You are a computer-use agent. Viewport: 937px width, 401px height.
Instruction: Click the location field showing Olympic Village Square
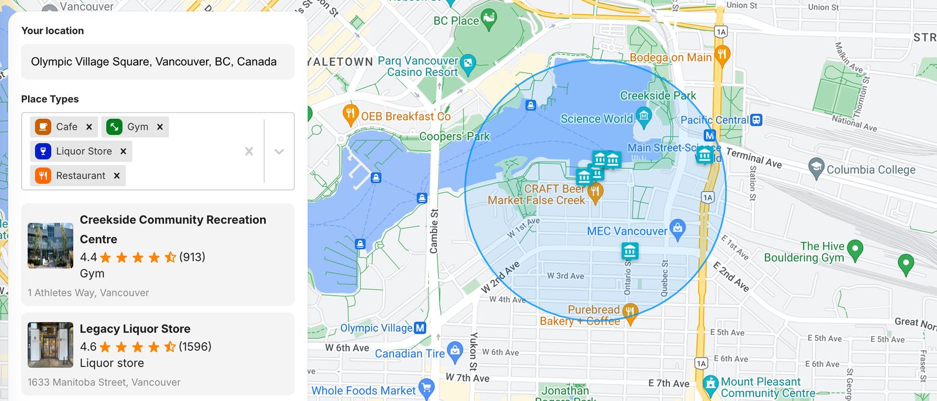pos(157,61)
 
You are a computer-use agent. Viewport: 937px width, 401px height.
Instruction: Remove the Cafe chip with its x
pos(89,127)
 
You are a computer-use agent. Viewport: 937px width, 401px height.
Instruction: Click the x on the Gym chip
pos(160,127)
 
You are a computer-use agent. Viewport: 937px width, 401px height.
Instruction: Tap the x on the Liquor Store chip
pos(123,151)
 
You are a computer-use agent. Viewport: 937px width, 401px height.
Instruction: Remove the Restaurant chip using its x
pos(117,176)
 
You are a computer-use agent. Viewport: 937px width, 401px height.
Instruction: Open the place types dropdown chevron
pos(279,152)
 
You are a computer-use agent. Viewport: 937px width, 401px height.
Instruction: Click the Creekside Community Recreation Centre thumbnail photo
pos(50,245)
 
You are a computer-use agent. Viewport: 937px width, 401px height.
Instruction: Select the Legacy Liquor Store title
pos(135,329)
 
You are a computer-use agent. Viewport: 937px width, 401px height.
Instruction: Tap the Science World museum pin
pos(644,116)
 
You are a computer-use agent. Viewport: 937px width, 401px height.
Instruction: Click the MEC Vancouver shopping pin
pos(678,228)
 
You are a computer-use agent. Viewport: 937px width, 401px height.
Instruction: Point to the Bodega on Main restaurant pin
pos(722,55)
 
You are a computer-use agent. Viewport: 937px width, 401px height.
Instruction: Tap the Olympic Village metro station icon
pos(420,328)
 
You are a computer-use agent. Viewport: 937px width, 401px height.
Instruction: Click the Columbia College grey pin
pos(816,167)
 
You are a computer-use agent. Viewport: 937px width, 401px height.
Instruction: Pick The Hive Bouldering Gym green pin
pos(855,249)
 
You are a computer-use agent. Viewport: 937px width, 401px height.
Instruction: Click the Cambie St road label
pos(434,231)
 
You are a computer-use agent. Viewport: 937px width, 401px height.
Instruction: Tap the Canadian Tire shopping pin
pos(454,351)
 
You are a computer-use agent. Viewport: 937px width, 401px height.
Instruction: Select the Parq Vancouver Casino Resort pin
pos(468,63)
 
